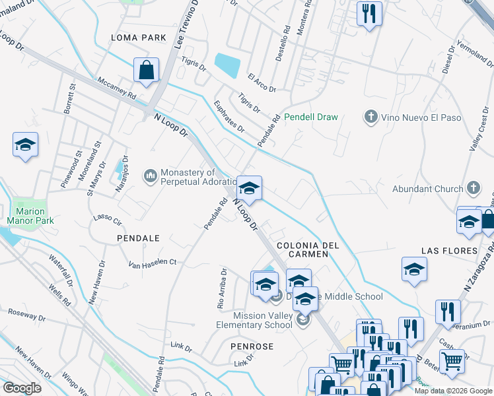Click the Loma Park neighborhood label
click(139, 38)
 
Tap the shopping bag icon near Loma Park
click(146, 69)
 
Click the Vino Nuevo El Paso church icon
click(370, 117)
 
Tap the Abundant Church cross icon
click(472, 189)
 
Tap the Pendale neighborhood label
click(138, 237)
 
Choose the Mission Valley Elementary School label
click(256, 320)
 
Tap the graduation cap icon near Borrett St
click(25, 145)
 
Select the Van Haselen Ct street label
click(153, 263)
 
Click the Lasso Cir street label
click(108, 220)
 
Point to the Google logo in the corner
click(22, 388)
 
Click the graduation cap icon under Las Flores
click(414, 269)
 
